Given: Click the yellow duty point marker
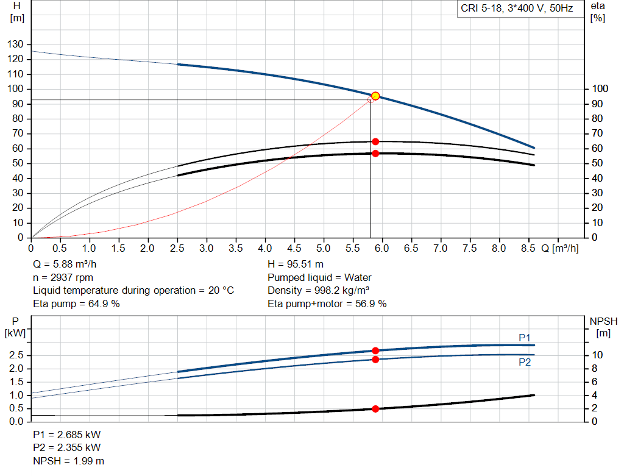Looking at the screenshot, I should coord(375,96).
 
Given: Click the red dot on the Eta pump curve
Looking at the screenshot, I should coord(375,141).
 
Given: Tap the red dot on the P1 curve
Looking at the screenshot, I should coord(375,350).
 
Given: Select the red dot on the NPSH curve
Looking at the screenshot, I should coord(375,409).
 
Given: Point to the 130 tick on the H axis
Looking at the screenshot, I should coord(17,44).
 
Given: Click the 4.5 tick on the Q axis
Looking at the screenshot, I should coord(294,249).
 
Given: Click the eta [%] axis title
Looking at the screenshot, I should coord(597,12).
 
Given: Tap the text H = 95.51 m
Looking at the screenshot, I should coord(296,265).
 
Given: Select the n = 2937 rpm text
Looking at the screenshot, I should coord(63,277).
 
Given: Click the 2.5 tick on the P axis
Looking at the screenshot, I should coord(17,355).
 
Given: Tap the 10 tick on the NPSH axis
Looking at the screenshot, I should coord(597,355).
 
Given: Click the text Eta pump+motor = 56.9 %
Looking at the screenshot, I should coord(327,304).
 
